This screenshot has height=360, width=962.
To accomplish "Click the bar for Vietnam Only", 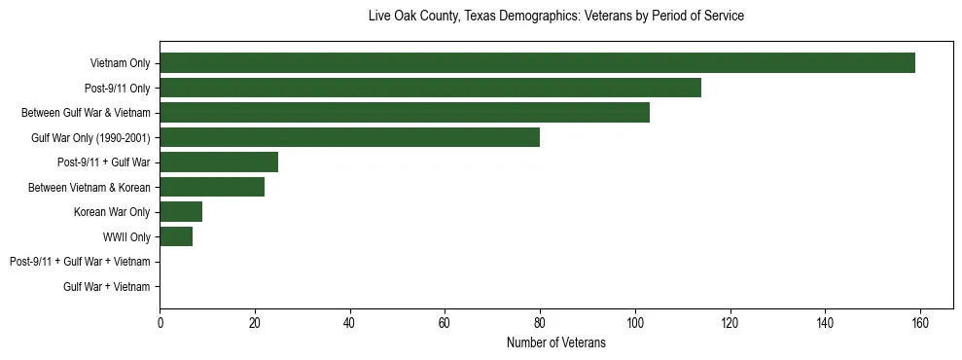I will tap(537, 63).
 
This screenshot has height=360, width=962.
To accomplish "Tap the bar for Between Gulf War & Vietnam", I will tap(405, 113).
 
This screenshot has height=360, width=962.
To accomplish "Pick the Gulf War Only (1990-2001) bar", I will tap(349, 137).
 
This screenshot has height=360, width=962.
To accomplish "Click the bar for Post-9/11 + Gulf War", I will tap(219, 162).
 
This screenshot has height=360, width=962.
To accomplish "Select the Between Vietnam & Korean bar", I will tap(212, 187).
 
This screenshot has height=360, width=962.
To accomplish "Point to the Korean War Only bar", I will tap(181, 211).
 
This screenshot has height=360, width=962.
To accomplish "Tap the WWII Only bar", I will tap(176, 236).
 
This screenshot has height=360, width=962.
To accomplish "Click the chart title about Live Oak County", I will tap(555, 17).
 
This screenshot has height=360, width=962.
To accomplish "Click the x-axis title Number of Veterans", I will tap(555, 342).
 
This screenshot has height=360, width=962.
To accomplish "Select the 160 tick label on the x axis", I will tap(920, 323).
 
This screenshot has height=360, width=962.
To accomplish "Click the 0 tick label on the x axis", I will tap(160, 323).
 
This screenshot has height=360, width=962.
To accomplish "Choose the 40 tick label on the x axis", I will tap(349, 323).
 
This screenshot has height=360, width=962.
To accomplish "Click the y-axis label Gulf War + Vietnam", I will tap(106, 286).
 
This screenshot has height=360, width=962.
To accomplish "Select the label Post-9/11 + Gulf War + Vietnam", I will tap(79, 262).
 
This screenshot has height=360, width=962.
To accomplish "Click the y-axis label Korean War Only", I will tap(112, 212).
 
